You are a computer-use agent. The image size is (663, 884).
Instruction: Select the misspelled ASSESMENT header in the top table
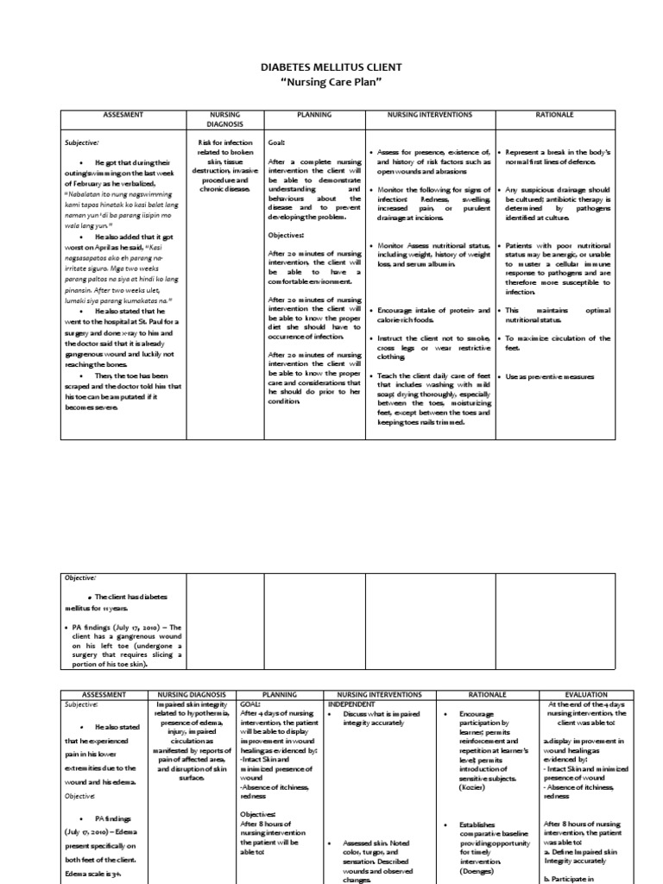(123, 114)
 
